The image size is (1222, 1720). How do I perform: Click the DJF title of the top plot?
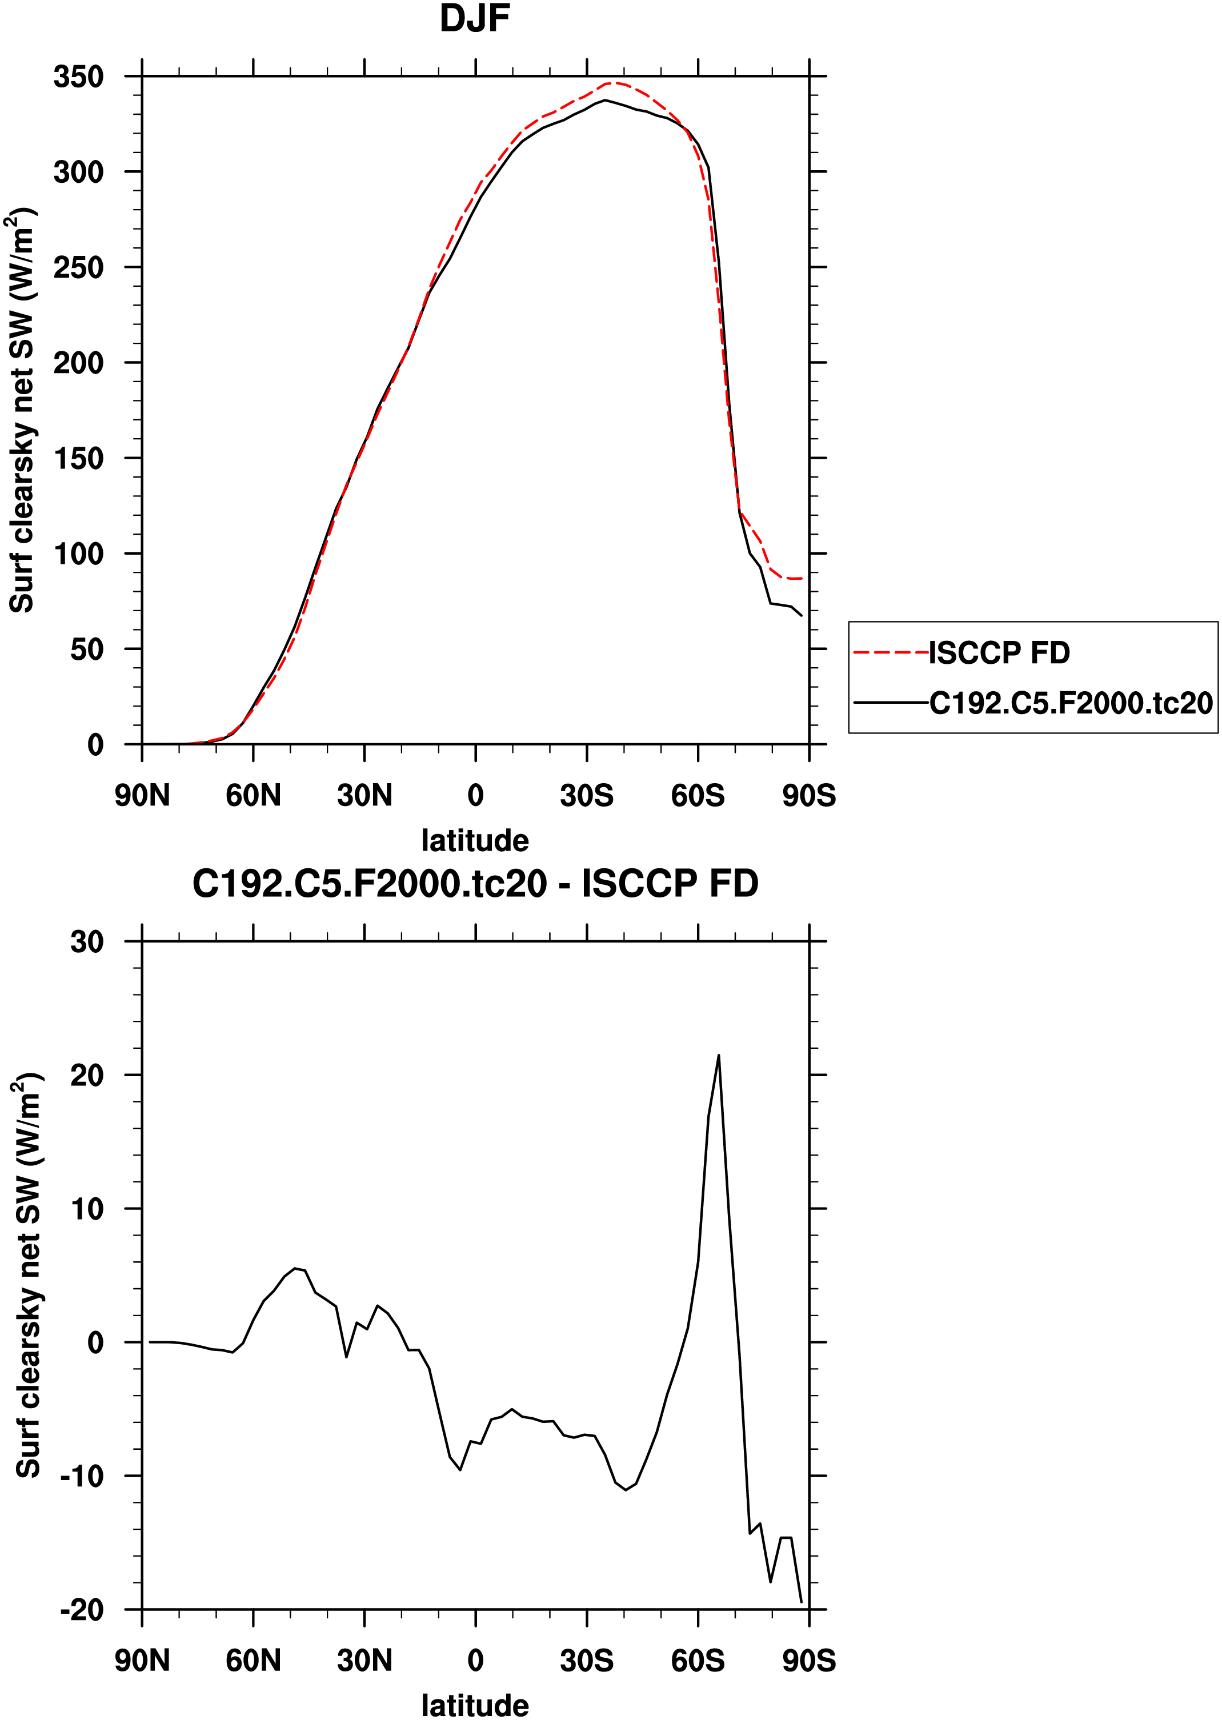[475, 19]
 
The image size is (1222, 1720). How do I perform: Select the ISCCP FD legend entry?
[999, 653]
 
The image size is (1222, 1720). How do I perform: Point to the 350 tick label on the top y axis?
[78, 77]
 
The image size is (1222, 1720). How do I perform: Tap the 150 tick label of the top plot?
[78, 458]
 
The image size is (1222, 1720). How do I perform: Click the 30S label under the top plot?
[586, 795]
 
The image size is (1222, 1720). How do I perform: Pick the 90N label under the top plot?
[142, 795]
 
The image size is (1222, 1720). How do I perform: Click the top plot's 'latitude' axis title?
[475, 840]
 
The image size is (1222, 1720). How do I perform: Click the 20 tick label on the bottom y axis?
[86, 1075]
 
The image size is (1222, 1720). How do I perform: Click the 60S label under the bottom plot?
[698, 1661]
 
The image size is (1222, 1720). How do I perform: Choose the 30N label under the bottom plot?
[364, 1661]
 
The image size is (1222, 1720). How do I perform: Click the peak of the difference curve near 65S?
[719, 1056]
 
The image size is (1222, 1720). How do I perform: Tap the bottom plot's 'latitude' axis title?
[475, 1705]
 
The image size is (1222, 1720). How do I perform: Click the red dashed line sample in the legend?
[891, 653]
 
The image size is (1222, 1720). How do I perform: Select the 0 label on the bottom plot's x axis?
[475, 1661]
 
